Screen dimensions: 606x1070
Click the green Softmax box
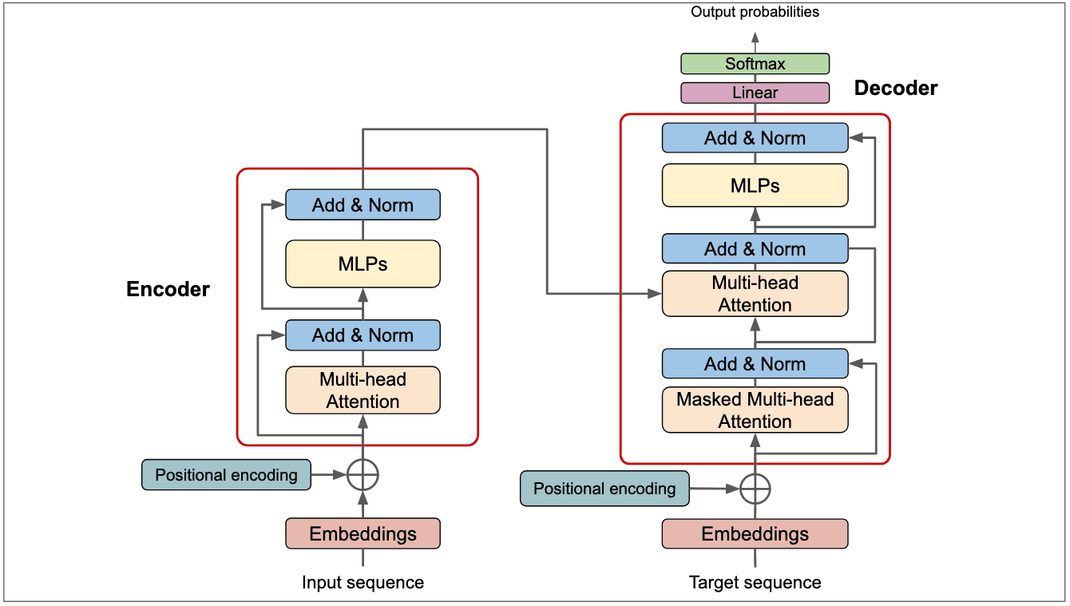pyautogui.click(x=755, y=64)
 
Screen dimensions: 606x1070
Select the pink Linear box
pyautogui.click(x=755, y=93)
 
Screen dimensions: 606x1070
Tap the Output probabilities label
pyautogui.click(x=755, y=12)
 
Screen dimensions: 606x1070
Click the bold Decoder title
pyautogui.click(x=896, y=89)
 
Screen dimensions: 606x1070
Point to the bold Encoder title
pyautogui.click(x=168, y=289)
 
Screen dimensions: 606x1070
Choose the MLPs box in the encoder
pyautogui.click(x=363, y=263)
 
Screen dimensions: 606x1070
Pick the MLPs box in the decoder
pyautogui.click(x=755, y=186)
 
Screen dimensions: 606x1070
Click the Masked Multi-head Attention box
pyautogui.click(x=755, y=410)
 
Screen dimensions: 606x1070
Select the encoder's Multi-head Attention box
pyautogui.click(x=363, y=390)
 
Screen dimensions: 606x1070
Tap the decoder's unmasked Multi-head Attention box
pyautogui.click(x=755, y=294)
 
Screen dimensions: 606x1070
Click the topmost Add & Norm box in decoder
pyautogui.click(x=755, y=138)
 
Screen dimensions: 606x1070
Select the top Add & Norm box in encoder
pyautogui.click(x=363, y=205)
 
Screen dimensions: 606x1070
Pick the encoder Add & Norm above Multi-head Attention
pyautogui.click(x=363, y=335)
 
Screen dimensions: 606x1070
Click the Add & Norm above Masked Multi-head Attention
pyautogui.click(x=755, y=364)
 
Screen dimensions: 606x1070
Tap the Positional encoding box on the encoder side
pyautogui.click(x=226, y=475)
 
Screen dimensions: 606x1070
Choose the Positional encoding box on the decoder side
pyautogui.click(x=604, y=489)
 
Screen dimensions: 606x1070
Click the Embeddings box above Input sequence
pyautogui.click(x=363, y=534)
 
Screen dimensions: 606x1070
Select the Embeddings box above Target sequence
pyautogui.click(x=755, y=534)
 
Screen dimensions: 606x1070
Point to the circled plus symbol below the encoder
pyautogui.click(x=363, y=476)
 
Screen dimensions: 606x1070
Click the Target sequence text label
pyautogui.click(x=755, y=583)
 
